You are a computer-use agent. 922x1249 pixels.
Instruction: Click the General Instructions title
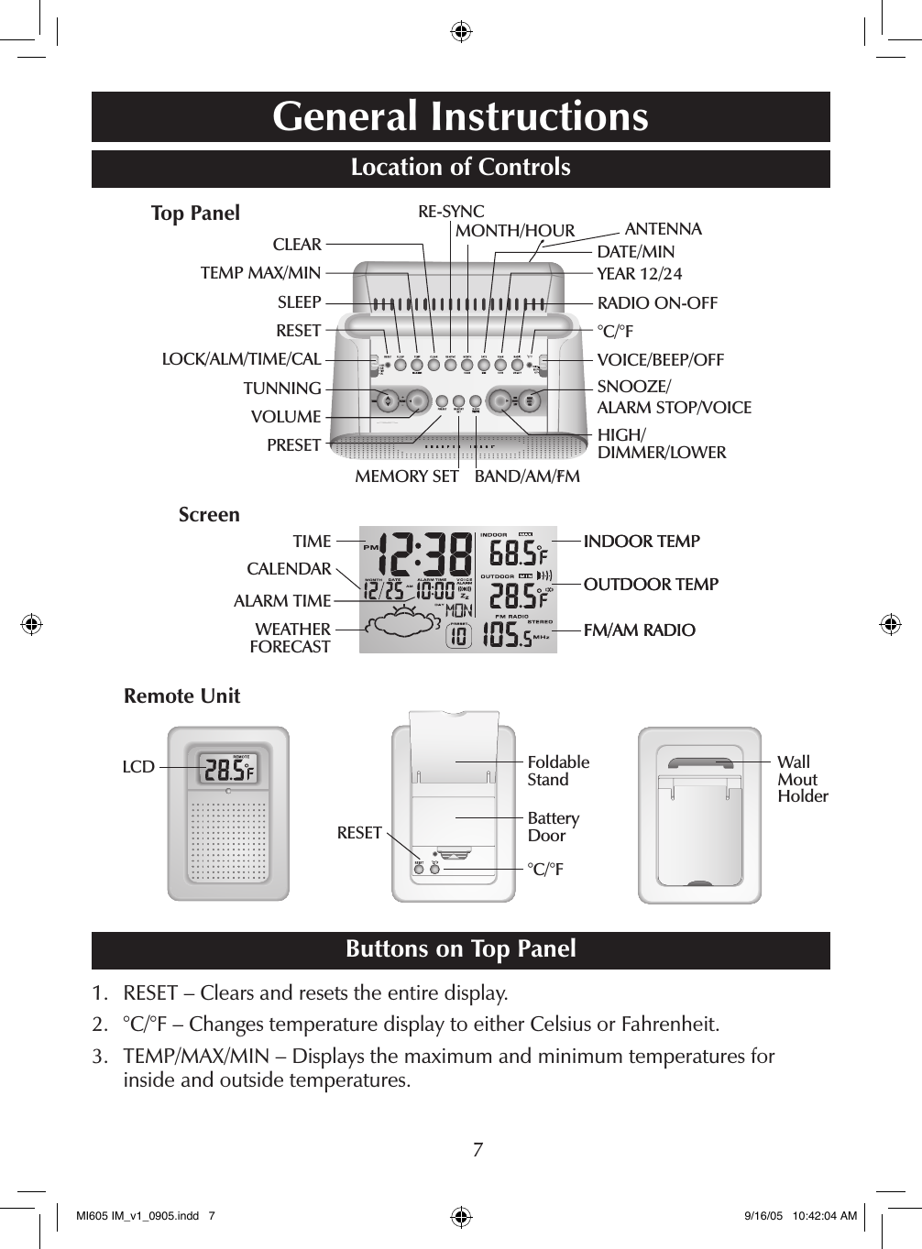click(460, 116)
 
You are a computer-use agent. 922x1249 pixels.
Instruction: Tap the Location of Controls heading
click(460, 168)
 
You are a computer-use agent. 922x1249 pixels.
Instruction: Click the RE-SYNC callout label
click(451, 212)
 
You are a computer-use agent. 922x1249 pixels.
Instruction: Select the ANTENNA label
click(663, 229)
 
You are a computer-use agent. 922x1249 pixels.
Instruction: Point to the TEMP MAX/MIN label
click(260, 273)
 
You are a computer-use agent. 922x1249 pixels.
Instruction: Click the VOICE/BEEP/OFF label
click(660, 360)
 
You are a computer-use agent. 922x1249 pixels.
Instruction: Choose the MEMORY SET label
click(406, 477)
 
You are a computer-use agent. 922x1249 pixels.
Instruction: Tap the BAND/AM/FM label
click(527, 477)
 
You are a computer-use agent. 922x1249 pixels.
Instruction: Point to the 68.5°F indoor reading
click(518, 554)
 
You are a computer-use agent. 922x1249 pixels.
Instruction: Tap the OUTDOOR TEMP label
click(651, 585)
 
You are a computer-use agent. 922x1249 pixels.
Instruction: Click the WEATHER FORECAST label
click(291, 638)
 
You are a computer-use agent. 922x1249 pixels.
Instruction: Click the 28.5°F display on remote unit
click(227, 771)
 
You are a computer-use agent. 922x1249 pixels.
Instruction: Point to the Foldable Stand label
click(558, 771)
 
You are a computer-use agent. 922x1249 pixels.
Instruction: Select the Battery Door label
click(553, 827)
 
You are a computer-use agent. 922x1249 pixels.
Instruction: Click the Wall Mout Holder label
click(802, 779)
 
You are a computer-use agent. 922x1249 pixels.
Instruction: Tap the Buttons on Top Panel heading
click(460, 949)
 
